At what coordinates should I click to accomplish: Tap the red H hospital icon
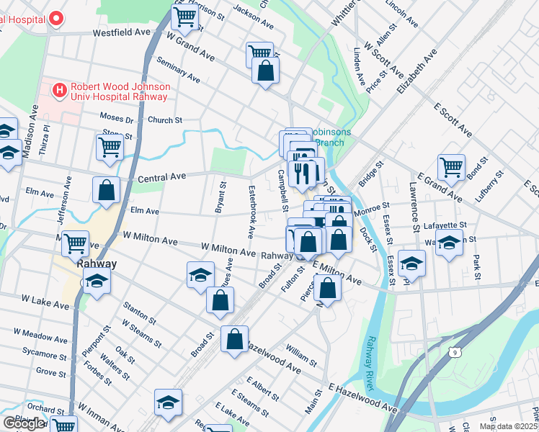point(60,90)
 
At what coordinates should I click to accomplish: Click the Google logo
point(23,423)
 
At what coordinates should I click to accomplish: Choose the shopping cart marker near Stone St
point(110,147)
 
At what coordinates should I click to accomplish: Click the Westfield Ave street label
point(121,33)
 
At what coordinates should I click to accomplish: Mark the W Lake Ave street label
point(45,301)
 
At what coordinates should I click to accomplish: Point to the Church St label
point(165,120)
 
